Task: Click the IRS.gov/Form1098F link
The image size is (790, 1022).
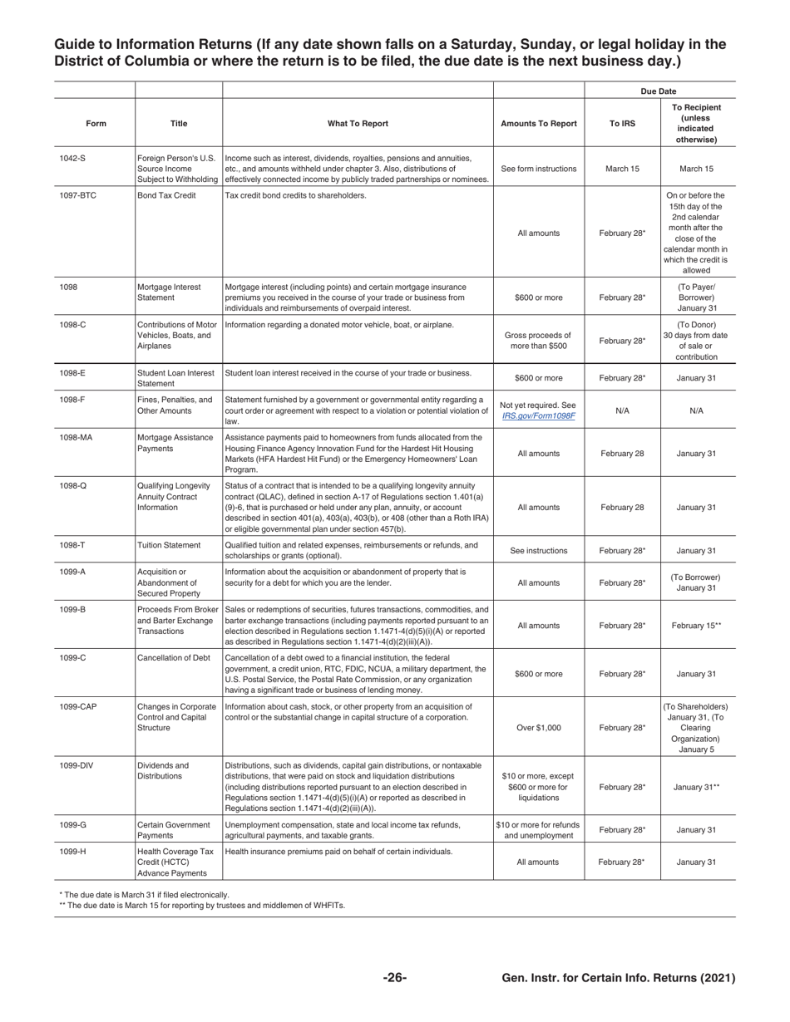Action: [x=538, y=415]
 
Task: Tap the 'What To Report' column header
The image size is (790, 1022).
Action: [x=358, y=124]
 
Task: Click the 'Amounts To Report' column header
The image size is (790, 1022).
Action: [x=539, y=124]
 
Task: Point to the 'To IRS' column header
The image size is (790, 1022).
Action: [x=622, y=124]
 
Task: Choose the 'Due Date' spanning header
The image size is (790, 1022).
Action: [x=659, y=91]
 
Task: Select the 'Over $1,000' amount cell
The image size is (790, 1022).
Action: [x=538, y=728]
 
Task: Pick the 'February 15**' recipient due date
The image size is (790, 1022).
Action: [x=696, y=626]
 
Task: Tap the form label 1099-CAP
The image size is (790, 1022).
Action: [x=78, y=707]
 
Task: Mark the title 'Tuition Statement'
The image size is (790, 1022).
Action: [x=169, y=545]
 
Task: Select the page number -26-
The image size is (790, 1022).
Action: [x=394, y=978]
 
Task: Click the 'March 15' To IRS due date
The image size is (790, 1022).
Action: [x=622, y=169]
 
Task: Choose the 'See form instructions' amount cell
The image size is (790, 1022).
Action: [x=538, y=169]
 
